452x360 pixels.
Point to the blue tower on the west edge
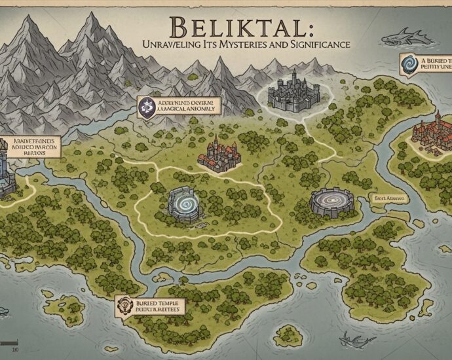(x=8, y=173)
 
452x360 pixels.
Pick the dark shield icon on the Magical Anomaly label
(x=147, y=106)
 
